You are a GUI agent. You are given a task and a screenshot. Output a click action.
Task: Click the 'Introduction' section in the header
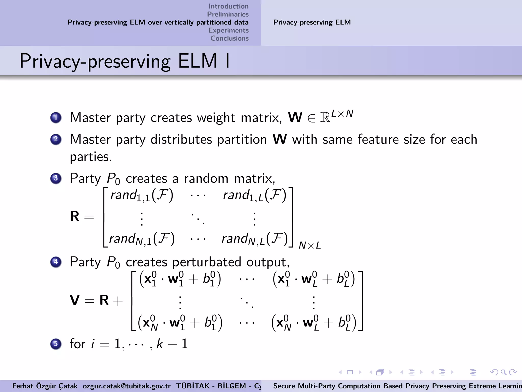(x=228, y=6)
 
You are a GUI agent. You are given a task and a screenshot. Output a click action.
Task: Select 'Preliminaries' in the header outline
(x=228, y=14)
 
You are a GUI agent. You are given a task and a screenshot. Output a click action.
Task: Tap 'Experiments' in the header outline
(x=228, y=30)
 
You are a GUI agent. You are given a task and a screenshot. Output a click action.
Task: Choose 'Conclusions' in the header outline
(x=229, y=38)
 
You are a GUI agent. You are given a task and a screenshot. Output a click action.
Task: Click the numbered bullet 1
(x=56, y=118)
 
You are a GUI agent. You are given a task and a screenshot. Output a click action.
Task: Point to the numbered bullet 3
(x=56, y=178)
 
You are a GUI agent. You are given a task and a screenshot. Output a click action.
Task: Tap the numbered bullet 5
(x=56, y=344)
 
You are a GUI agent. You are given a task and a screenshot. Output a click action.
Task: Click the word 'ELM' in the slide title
(x=198, y=61)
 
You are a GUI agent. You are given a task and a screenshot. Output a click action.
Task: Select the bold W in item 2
(x=280, y=139)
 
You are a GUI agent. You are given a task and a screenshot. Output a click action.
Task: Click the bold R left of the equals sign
(x=74, y=216)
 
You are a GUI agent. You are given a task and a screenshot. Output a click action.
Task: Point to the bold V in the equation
(x=75, y=300)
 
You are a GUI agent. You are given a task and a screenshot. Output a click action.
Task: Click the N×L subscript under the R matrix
(x=310, y=246)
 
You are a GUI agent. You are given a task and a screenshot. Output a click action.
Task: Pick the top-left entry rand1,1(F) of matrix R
(x=142, y=195)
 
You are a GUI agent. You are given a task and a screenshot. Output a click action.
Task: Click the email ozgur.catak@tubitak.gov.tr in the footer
(x=127, y=386)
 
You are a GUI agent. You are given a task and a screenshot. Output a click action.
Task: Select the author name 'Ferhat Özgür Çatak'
(x=45, y=386)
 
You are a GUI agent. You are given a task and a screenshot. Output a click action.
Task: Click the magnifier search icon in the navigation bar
(x=503, y=372)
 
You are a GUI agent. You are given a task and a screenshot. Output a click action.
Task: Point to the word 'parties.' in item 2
(x=91, y=157)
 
